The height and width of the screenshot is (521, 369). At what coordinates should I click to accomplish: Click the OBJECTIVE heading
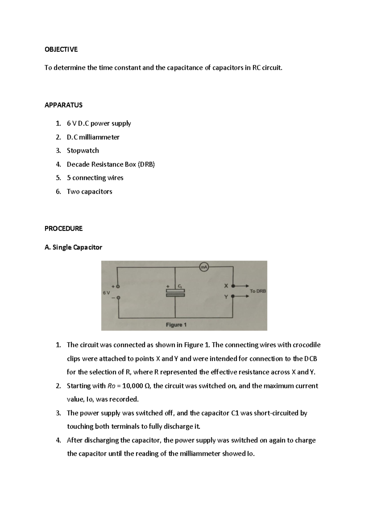pos(61,49)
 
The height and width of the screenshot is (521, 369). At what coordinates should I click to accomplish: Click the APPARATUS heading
pos(63,105)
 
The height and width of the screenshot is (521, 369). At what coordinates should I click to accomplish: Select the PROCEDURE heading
pos(63,229)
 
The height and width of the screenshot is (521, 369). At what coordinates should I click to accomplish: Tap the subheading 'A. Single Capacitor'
pos(73,247)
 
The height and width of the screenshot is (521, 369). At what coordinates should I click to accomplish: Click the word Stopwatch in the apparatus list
pos(83,151)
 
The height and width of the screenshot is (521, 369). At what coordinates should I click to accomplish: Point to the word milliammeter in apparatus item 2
pos(99,137)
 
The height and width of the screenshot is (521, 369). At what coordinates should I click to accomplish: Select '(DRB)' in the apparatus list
pos(146,164)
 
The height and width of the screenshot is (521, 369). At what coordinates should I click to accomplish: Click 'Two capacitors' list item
pos(89,191)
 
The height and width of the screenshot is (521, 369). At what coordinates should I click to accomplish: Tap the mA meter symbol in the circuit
pos(204,267)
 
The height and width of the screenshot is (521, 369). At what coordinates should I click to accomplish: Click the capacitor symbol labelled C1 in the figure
pos(175,292)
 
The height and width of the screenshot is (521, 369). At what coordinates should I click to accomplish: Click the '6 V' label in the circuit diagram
pos(106,293)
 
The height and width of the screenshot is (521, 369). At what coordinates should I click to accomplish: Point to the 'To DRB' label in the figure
pos(258,291)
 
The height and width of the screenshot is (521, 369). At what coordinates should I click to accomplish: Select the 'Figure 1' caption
pos(176,325)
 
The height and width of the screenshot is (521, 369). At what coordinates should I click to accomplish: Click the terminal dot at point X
pos(233,286)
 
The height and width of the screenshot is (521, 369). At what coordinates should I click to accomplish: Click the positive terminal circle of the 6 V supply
pos(117,286)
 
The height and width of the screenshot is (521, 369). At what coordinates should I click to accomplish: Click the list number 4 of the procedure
pos(58,440)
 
